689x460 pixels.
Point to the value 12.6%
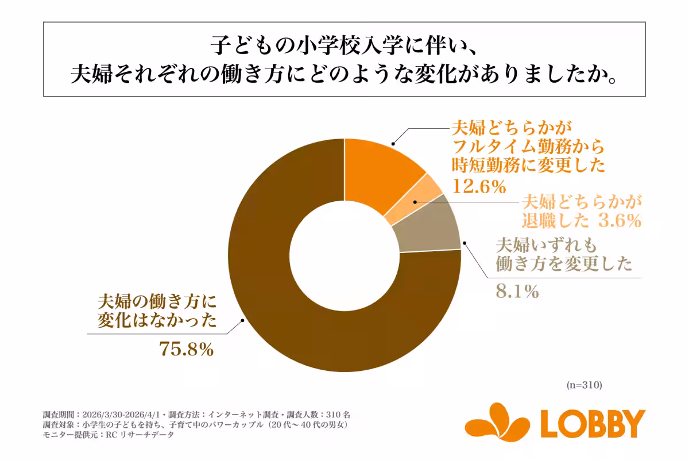479,186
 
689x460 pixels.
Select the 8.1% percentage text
516,292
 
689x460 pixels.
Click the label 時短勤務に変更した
528,166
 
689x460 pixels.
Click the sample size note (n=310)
583,385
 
